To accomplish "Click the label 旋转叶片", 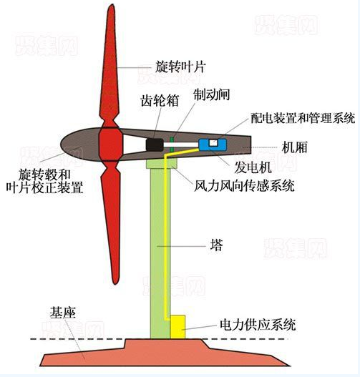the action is pyautogui.click(x=180, y=67).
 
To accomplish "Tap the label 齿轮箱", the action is pyautogui.click(x=160, y=100).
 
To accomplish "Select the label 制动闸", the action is pyautogui.click(x=212, y=94).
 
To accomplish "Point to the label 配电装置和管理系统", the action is pyautogui.click(x=303, y=118).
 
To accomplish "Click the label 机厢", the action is pyautogui.click(x=295, y=147).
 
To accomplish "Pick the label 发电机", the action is pyautogui.click(x=253, y=167).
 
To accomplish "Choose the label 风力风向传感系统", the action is pyautogui.click(x=244, y=185).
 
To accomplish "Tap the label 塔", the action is pyautogui.click(x=216, y=245).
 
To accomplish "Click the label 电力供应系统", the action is pyautogui.click(x=258, y=325).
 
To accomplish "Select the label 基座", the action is pyautogui.click(x=62, y=313).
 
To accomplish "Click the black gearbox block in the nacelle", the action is pyautogui.click(x=155, y=145).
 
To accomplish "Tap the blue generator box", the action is pyautogui.click(x=213, y=145).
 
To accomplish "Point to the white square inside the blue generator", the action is pyautogui.click(x=213, y=143).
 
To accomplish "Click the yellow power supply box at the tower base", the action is pyautogui.click(x=177, y=326).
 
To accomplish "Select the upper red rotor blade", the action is pyautogui.click(x=110, y=65).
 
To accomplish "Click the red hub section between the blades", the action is pyautogui.click(x=111, y=145).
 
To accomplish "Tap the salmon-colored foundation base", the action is pyautogui.click(x=163, y=353).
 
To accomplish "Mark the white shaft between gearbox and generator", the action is pyautogui.click(x=181, y=145).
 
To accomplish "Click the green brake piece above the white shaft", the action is pyautogui.click(x=172, y=139).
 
